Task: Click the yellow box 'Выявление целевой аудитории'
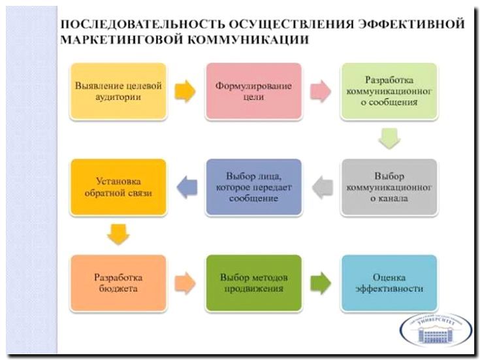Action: coord(118,91)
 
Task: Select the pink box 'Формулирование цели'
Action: coord(254,91)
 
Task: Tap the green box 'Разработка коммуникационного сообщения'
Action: coord(389,91)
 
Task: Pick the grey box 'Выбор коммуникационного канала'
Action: coord(389,187)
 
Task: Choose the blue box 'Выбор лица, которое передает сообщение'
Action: coord(254,187)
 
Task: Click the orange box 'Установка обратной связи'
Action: coord(118,187)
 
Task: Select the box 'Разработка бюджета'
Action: coord(118,283)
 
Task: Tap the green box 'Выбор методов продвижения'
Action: coord(254,283)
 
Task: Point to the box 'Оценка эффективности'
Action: coord(389,283)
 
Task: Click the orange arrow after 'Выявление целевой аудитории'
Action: coord(186,91)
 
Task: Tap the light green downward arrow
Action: coord(389,139)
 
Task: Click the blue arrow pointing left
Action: coord(186,188)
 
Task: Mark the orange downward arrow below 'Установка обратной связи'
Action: coord(118,235)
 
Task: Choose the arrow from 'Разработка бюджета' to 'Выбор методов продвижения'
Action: coord(186,283)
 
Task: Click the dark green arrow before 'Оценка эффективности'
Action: coord(321,283)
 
